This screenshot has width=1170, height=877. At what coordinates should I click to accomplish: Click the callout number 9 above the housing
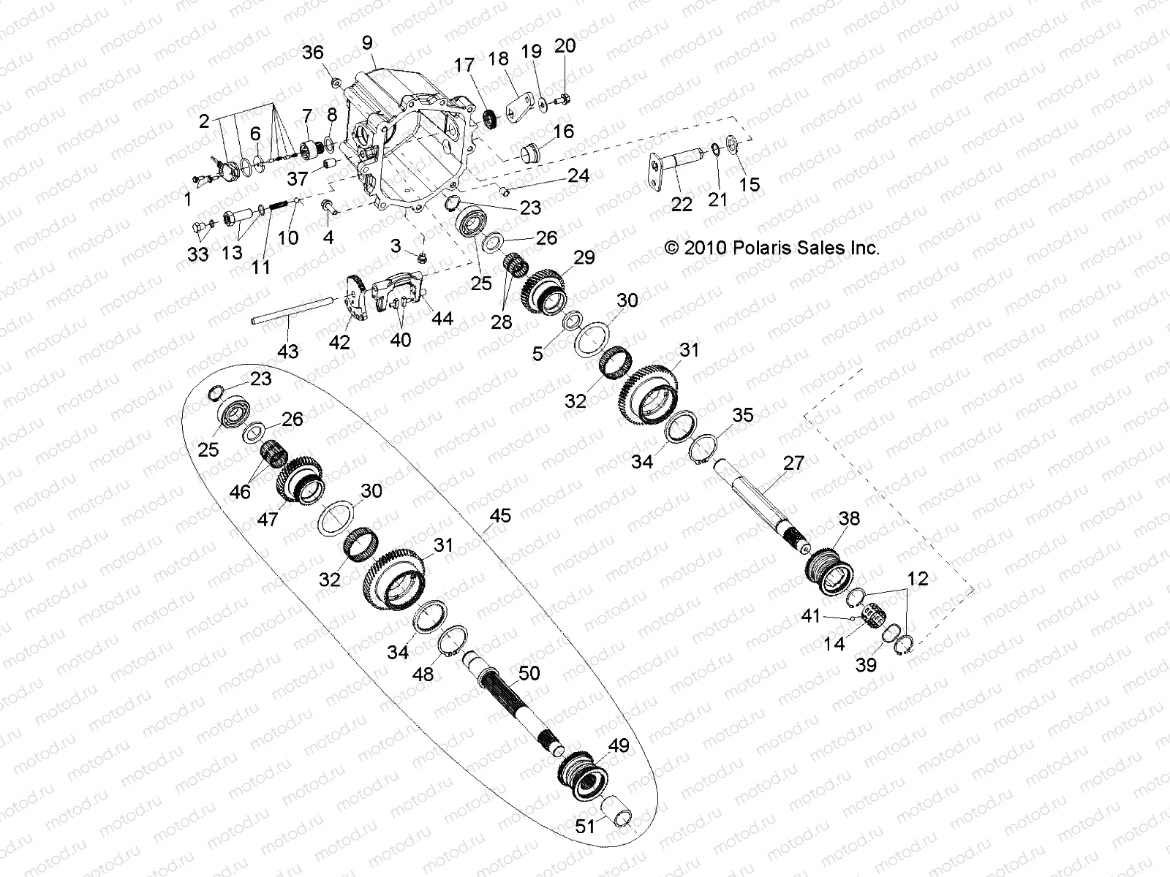pyautogui.click(x=367, y=43)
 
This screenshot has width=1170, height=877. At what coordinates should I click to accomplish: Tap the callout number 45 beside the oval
pyautogui.click(x=500, y=517)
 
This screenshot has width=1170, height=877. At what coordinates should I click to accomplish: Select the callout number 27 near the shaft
pyautogui.click(x=793, y=463)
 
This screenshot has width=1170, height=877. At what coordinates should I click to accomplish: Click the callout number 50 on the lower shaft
pyautogui.click(x=528, y=672)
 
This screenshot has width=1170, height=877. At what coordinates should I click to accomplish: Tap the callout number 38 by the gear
pyautogui.click(x=850, y=519)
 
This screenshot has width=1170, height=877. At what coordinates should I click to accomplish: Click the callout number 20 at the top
pyautogui.click(x=565, y=45)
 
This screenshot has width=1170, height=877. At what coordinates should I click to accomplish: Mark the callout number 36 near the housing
pyautogui.click(x=312, y=53)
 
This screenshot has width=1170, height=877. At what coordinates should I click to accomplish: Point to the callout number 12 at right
pyautogui.click(x=918, y=579)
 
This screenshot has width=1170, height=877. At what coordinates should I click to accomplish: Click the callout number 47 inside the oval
pyautogui.click(x=268, y=520)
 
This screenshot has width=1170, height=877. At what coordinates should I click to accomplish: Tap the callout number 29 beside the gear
pyautogui.click(x=584, y=257)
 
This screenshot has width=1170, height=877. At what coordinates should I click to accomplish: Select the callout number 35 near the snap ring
pyautogui.click(x=743, y=415)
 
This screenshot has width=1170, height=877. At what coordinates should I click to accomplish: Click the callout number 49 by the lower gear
pyautogui.click(x=619, y=747)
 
